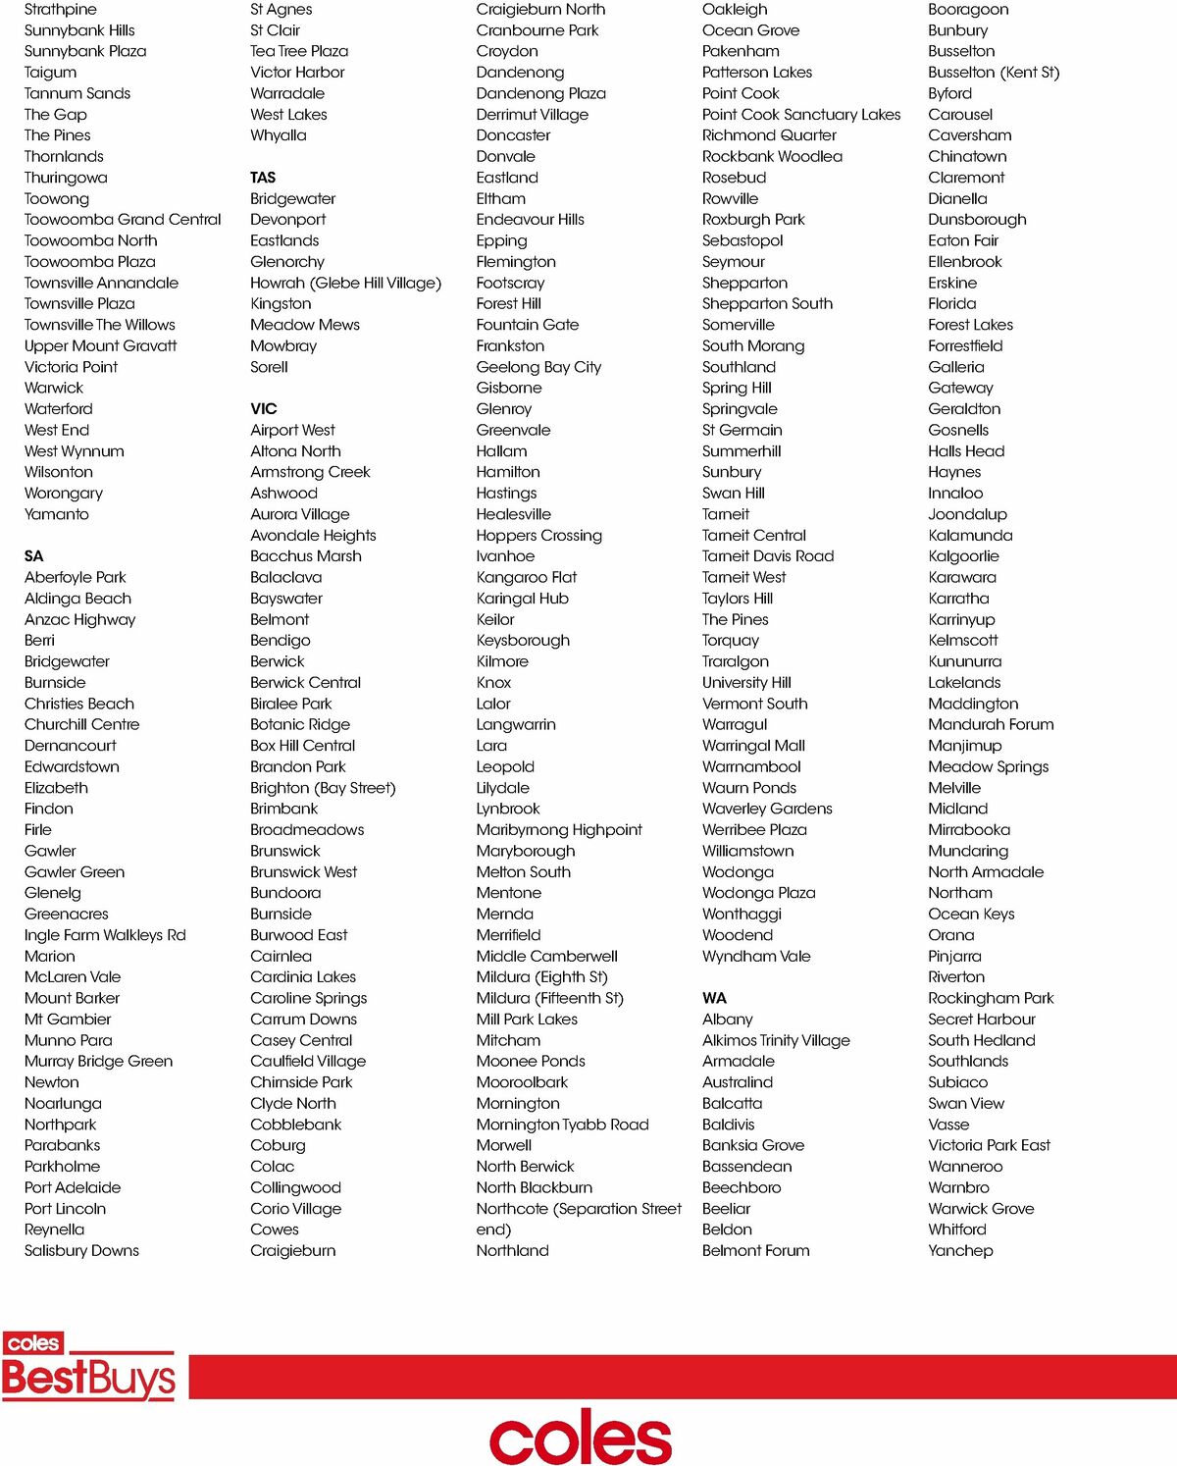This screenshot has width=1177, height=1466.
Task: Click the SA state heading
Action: pos(34,556)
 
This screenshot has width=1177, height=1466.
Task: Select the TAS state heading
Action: pos(263,178)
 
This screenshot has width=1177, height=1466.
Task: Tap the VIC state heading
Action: pos(264,409)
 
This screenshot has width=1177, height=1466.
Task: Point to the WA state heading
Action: pos(714,998)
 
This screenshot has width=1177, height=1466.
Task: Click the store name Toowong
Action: pos(57,199)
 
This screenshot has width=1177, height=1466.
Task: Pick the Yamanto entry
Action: pos(57,514)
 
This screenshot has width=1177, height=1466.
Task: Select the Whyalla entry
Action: pos(279,135)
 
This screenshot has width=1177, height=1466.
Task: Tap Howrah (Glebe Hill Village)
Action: pos(345,283)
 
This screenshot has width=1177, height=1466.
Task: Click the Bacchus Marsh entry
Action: pos(306,556)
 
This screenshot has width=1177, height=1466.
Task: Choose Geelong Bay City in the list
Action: pos(538,367)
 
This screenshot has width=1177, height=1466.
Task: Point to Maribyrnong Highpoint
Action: pos(559,830)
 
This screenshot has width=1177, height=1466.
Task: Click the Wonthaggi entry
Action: pos(742,914)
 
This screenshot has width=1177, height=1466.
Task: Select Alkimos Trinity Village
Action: pos(776,1040)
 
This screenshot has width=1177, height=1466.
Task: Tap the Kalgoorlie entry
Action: pos(963,556)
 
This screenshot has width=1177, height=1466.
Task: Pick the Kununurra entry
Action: pos(965,661)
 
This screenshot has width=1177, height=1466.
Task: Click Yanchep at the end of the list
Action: pos(960,1250)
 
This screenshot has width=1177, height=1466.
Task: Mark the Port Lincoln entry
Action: pos(66,1209)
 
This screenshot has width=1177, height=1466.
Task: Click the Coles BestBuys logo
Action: pos(88,1367)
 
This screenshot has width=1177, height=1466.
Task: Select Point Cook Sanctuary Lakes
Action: pos(801,115)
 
